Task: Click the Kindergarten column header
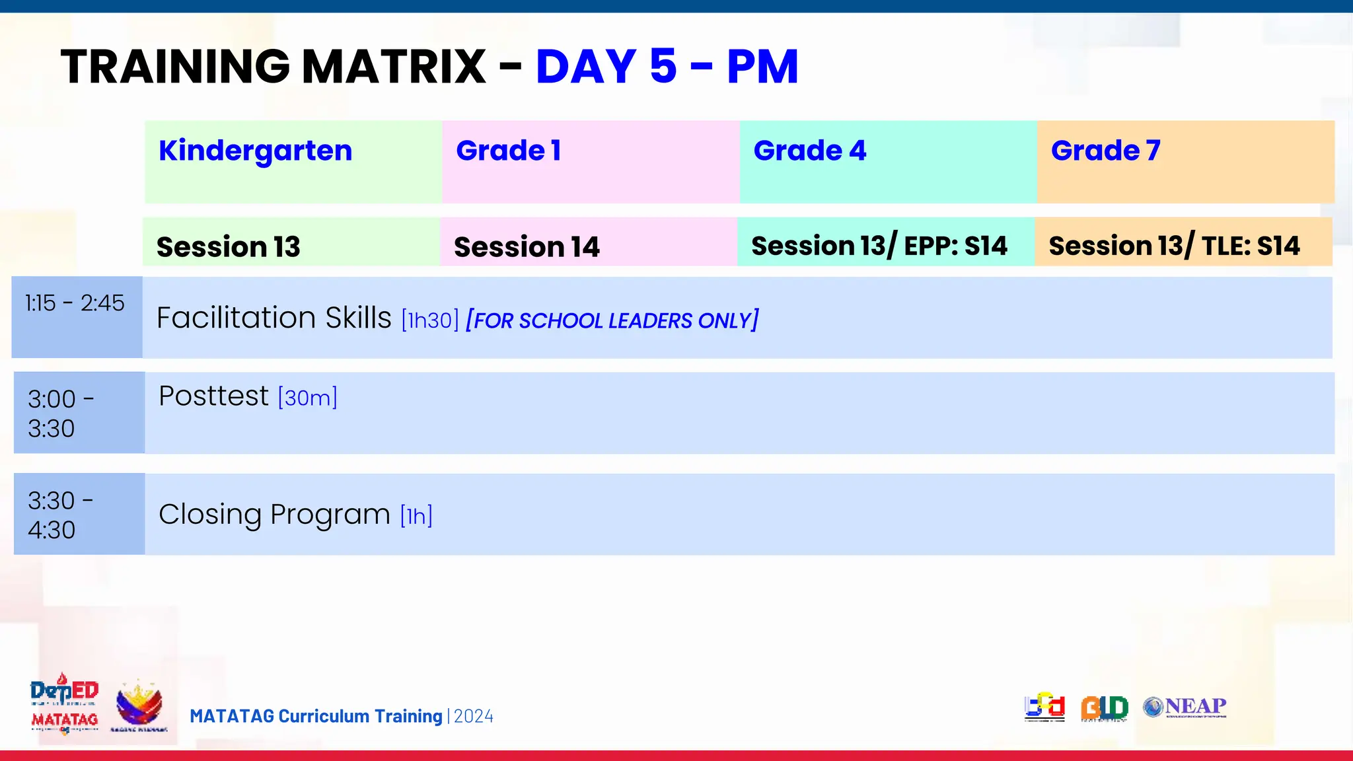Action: [256, 151]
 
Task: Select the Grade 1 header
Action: [508, 151]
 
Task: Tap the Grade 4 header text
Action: [809, 151]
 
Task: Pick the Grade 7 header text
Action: [1105, 151]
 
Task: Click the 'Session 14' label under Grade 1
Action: [527, 247]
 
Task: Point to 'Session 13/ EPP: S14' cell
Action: [879, 246]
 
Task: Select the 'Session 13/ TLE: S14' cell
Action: [1174, 246]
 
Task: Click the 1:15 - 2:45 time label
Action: [75, 303]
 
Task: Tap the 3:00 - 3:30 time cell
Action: [61, 414]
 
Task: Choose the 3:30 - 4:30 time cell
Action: [61, 515]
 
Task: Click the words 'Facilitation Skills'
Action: [274, 318]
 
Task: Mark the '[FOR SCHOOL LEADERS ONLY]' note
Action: [612, 320]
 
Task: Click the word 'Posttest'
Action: [213, 396]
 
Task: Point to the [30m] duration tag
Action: [308, 398]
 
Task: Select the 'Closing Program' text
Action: [274, 515]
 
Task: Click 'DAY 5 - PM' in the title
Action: [667, 67]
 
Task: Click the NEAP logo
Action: [1185, 707]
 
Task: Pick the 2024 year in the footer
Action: [474, 717]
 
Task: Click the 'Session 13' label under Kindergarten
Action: [228, 247]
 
